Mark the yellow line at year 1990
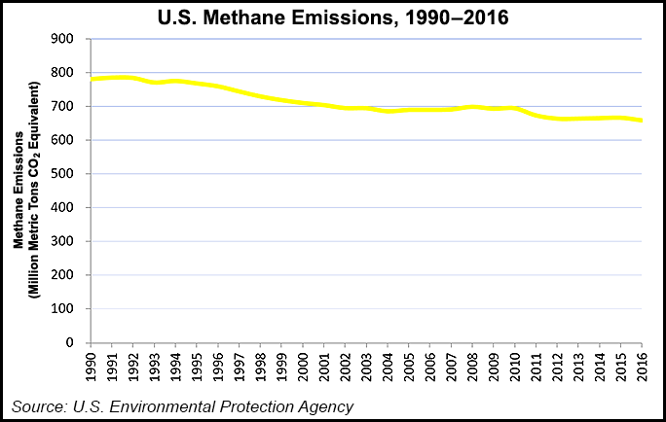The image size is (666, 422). [91, 79]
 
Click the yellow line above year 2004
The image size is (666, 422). [388, 111]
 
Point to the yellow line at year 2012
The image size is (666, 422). [557, 119]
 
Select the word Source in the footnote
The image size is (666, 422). [39, 405]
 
